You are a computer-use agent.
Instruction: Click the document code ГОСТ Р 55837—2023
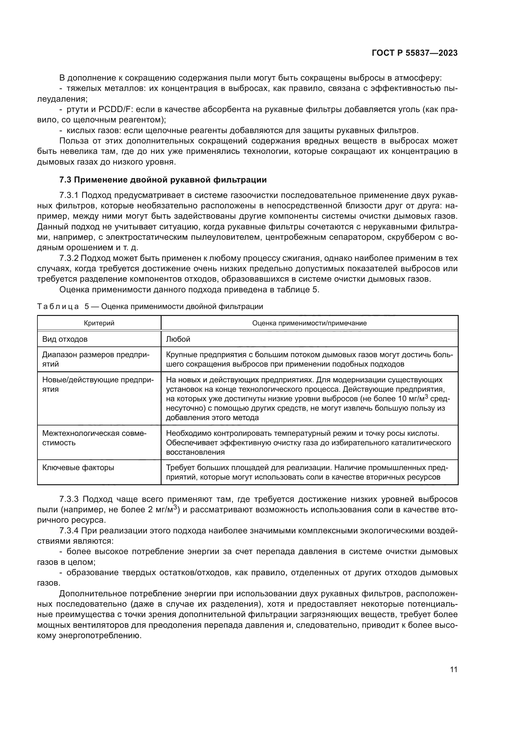coord(414,53)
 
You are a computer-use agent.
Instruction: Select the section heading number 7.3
coord(65,180)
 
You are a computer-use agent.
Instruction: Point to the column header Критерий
coord(99,323)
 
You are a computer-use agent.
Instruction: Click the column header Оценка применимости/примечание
coord(309,323)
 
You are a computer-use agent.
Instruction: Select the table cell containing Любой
coord(178,339)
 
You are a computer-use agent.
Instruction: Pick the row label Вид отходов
coord(65,339)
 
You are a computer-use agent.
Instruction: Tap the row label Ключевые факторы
coord(78,468)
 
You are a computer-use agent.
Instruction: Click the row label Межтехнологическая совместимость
coord(94,438)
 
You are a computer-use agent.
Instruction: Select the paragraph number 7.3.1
coord(69,195)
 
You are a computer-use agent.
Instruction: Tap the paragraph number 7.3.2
coord(69,258)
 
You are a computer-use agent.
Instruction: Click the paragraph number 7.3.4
coord(69,531)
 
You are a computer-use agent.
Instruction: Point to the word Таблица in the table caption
coord(58,306)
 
